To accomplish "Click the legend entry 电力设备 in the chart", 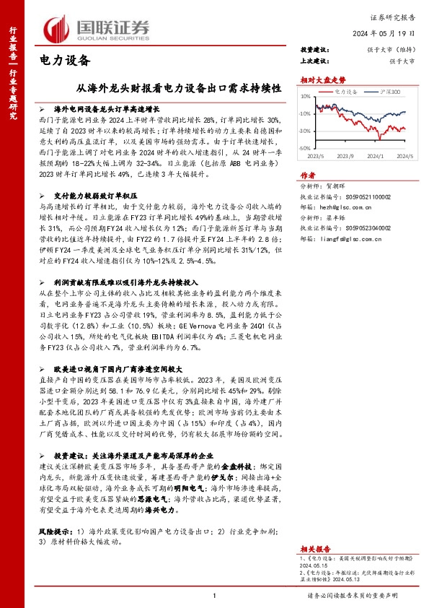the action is (x=347, y=93).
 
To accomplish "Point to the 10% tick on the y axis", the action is (x=306, y=97).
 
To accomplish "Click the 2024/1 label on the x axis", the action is (x=373, y=155).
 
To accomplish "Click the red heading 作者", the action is (x=308, y=175).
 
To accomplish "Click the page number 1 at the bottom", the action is (x=214, y=594).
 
